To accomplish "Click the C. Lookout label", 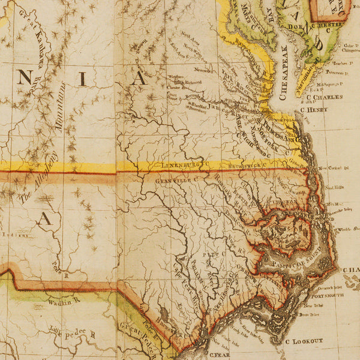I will point(304,341).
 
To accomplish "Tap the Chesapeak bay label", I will point(284,66).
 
